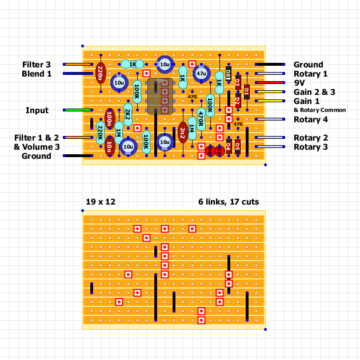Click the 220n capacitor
101,73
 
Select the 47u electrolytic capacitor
201,74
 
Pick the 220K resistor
101,133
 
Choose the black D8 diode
229,73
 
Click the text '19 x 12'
101,202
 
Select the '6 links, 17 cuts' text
228,202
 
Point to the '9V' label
300,82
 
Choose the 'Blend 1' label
37,74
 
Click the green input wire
79,110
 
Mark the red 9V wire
270,82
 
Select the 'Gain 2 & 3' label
314,91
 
